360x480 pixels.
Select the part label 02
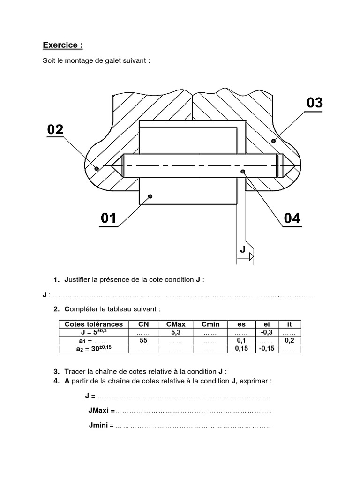pyautogui.click(x=55, y=129)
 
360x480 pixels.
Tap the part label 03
pyautogui.click(x=315, y=102)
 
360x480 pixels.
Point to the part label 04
pyautogui.click(x=292, y=218)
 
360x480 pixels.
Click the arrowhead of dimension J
pyautogui.click(x=251, y=256)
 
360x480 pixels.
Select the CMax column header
pyautogui.click(x=176, y=324)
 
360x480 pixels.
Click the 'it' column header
pyautogui.click(x=289, y=324)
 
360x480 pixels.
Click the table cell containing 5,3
pyautogui.click(x=176, y=332)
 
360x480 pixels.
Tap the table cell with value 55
pyautogui.click(x=143, y=341)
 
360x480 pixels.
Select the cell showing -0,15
pyautogui.click(x=266, y=349)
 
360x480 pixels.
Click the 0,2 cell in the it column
pyautogui.click(x=289, y=341)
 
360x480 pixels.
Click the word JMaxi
pyautogui.click(x=101, y=411)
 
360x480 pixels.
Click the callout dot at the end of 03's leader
pyautogui.click(x=274, y=139)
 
